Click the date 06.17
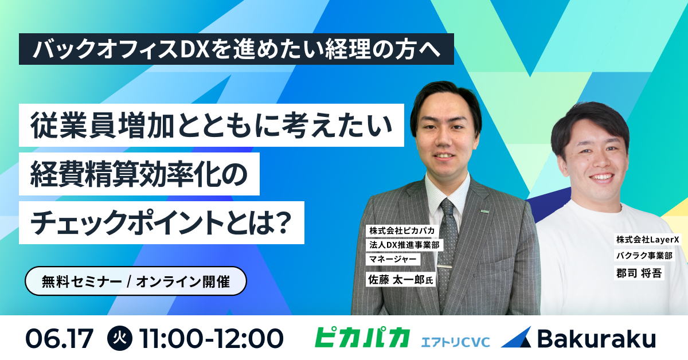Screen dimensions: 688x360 click(59, 338)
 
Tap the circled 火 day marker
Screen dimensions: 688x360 click(120, 338)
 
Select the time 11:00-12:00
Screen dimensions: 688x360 click(211, 338)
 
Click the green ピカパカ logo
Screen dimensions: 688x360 click(362, 337)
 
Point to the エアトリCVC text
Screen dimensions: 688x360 click(455, 342)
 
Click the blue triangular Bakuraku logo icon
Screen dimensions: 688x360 click(517, 337)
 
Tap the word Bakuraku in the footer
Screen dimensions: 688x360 click(596, 338)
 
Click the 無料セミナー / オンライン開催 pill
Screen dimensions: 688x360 click(136, 281)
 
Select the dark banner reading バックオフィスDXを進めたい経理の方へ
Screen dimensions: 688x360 click(236, 49)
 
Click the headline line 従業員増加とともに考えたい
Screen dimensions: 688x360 click(212, 126)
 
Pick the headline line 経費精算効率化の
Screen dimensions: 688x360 click(139, 174)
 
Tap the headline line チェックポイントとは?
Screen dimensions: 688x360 click(162, 222)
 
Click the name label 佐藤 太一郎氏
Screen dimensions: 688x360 click(401, 279)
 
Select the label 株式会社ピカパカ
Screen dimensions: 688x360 click(402, 230)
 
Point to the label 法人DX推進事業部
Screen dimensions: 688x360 click(404, 245)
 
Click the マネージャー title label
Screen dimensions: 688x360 click(393, 259)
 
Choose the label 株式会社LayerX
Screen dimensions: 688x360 click(647, 239)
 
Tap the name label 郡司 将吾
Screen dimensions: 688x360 click(639, 272)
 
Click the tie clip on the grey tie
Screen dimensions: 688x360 click(444, 267)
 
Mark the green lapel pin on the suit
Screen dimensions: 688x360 click(484, 212)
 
